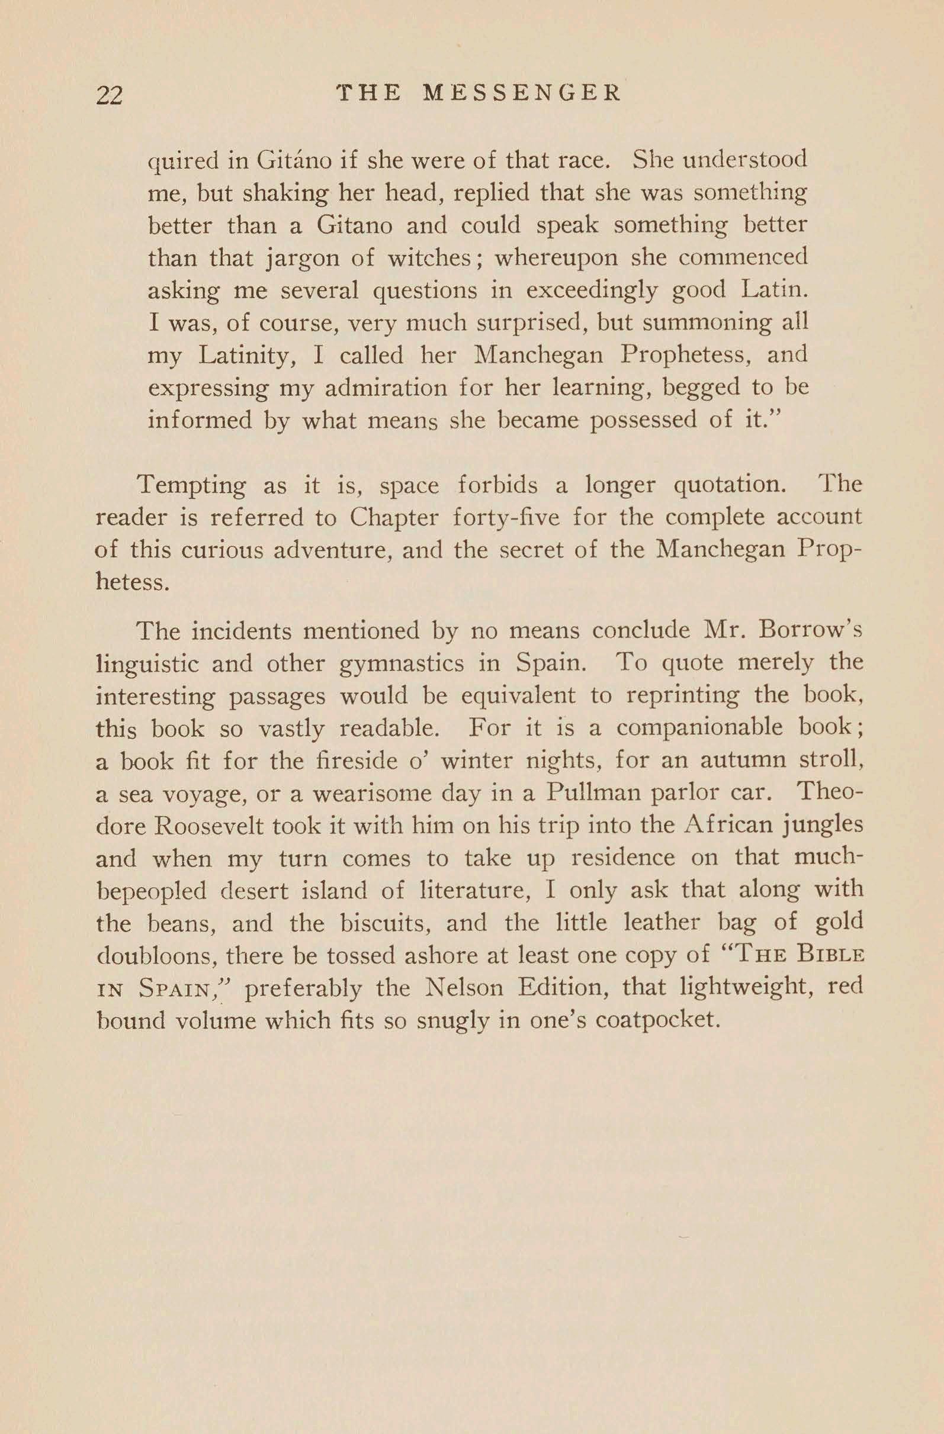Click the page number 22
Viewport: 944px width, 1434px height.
tap(109, 95)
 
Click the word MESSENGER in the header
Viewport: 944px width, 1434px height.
tap(522, 94)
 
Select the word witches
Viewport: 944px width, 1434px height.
tap(429, 258)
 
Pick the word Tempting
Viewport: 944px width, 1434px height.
tap(191, 486)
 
